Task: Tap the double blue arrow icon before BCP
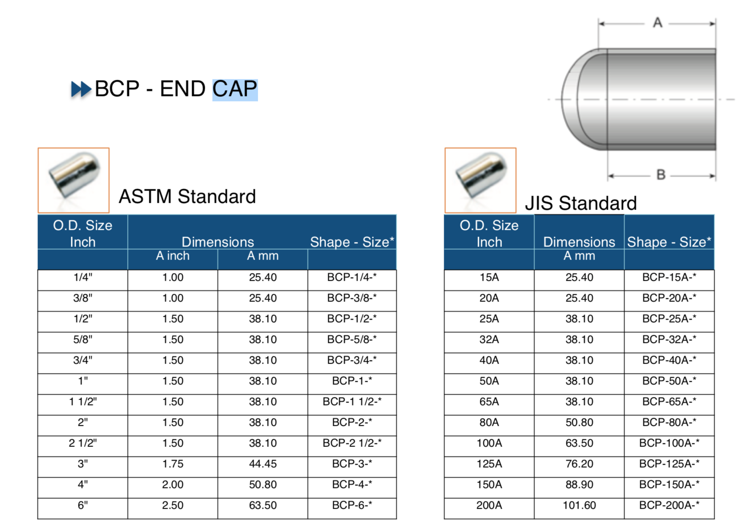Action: [81, 89]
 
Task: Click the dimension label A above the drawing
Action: [657, 23]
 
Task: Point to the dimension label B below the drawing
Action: [661, 174]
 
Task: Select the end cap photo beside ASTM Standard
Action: [74, 180]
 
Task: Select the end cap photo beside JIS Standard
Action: [481, 180]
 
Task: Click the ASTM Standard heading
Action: [187, 196]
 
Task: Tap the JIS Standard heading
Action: [581, 203]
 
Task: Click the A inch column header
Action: [173, 256]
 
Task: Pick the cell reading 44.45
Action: [263, 464]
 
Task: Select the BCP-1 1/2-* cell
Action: [352, 401]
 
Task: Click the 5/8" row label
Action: [83, 339]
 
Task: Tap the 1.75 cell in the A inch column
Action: [173, 464]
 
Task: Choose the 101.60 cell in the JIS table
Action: [579, 505]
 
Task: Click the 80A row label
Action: [489, 422]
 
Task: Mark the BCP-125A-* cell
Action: [669, 464]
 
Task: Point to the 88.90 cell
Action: [579, 484]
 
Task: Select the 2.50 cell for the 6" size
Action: [173, 505]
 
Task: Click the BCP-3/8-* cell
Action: [352, 298]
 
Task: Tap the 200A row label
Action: [489, 505]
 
